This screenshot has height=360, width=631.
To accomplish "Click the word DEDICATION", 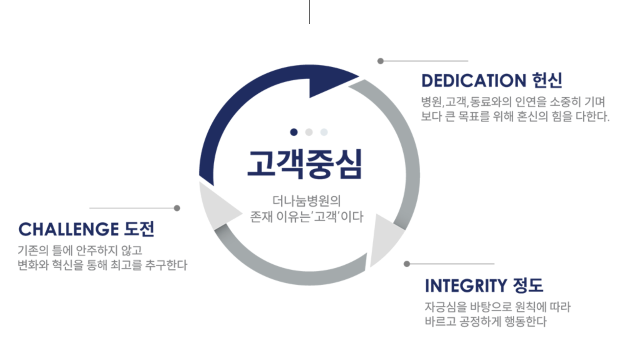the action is click(474, 81).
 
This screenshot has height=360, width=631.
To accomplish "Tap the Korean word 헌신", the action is click(547, 80).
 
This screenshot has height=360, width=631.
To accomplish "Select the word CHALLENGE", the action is click(68, 229).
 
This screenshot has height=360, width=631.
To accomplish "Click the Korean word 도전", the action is click(139, 229).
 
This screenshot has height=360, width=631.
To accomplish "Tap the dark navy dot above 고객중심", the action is click(294, 132).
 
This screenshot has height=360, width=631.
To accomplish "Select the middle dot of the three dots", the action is click(309, 132).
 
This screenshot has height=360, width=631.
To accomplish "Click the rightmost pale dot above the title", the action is click(324, 132).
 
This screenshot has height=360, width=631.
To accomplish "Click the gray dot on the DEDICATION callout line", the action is click(381, 61).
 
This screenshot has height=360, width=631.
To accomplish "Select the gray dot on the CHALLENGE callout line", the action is click(177, 208).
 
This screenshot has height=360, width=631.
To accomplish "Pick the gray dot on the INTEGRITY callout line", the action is click(407, 264).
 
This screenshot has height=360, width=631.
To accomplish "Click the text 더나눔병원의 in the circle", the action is click(306, 201).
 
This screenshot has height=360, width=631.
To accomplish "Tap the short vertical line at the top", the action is click(309, 12).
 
